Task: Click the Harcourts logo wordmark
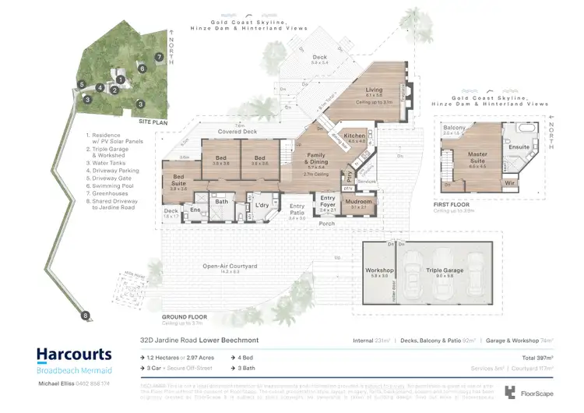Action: [74, 355]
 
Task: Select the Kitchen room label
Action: [356, 135]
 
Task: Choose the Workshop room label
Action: [378, 271]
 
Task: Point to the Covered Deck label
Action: [237, 132]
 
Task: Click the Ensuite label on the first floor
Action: [519, 146]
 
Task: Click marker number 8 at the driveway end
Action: [84, 315]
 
